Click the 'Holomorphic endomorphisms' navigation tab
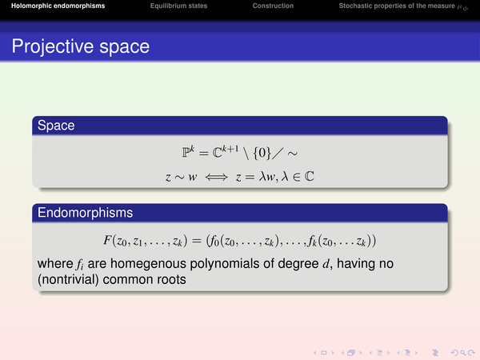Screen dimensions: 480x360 pos(58,6)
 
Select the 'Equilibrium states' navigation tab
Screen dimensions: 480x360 pos(178,6)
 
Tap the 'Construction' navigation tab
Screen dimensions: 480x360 pos(273,6)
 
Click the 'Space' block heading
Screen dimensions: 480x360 pos(56,126)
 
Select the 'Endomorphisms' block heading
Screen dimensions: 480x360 pos(85,213)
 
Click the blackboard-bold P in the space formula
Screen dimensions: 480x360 pos(186,152)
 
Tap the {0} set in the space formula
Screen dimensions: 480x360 pos(262,153)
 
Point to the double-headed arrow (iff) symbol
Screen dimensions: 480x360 pos(217,177)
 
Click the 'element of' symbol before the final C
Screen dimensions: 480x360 pos(296,177)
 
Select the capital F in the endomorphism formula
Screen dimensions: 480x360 pos(107,240)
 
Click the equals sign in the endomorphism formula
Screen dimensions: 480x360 pos(197,241)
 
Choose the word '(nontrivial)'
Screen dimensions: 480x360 pos(68,280)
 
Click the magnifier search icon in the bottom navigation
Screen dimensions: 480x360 pos(463,353)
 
